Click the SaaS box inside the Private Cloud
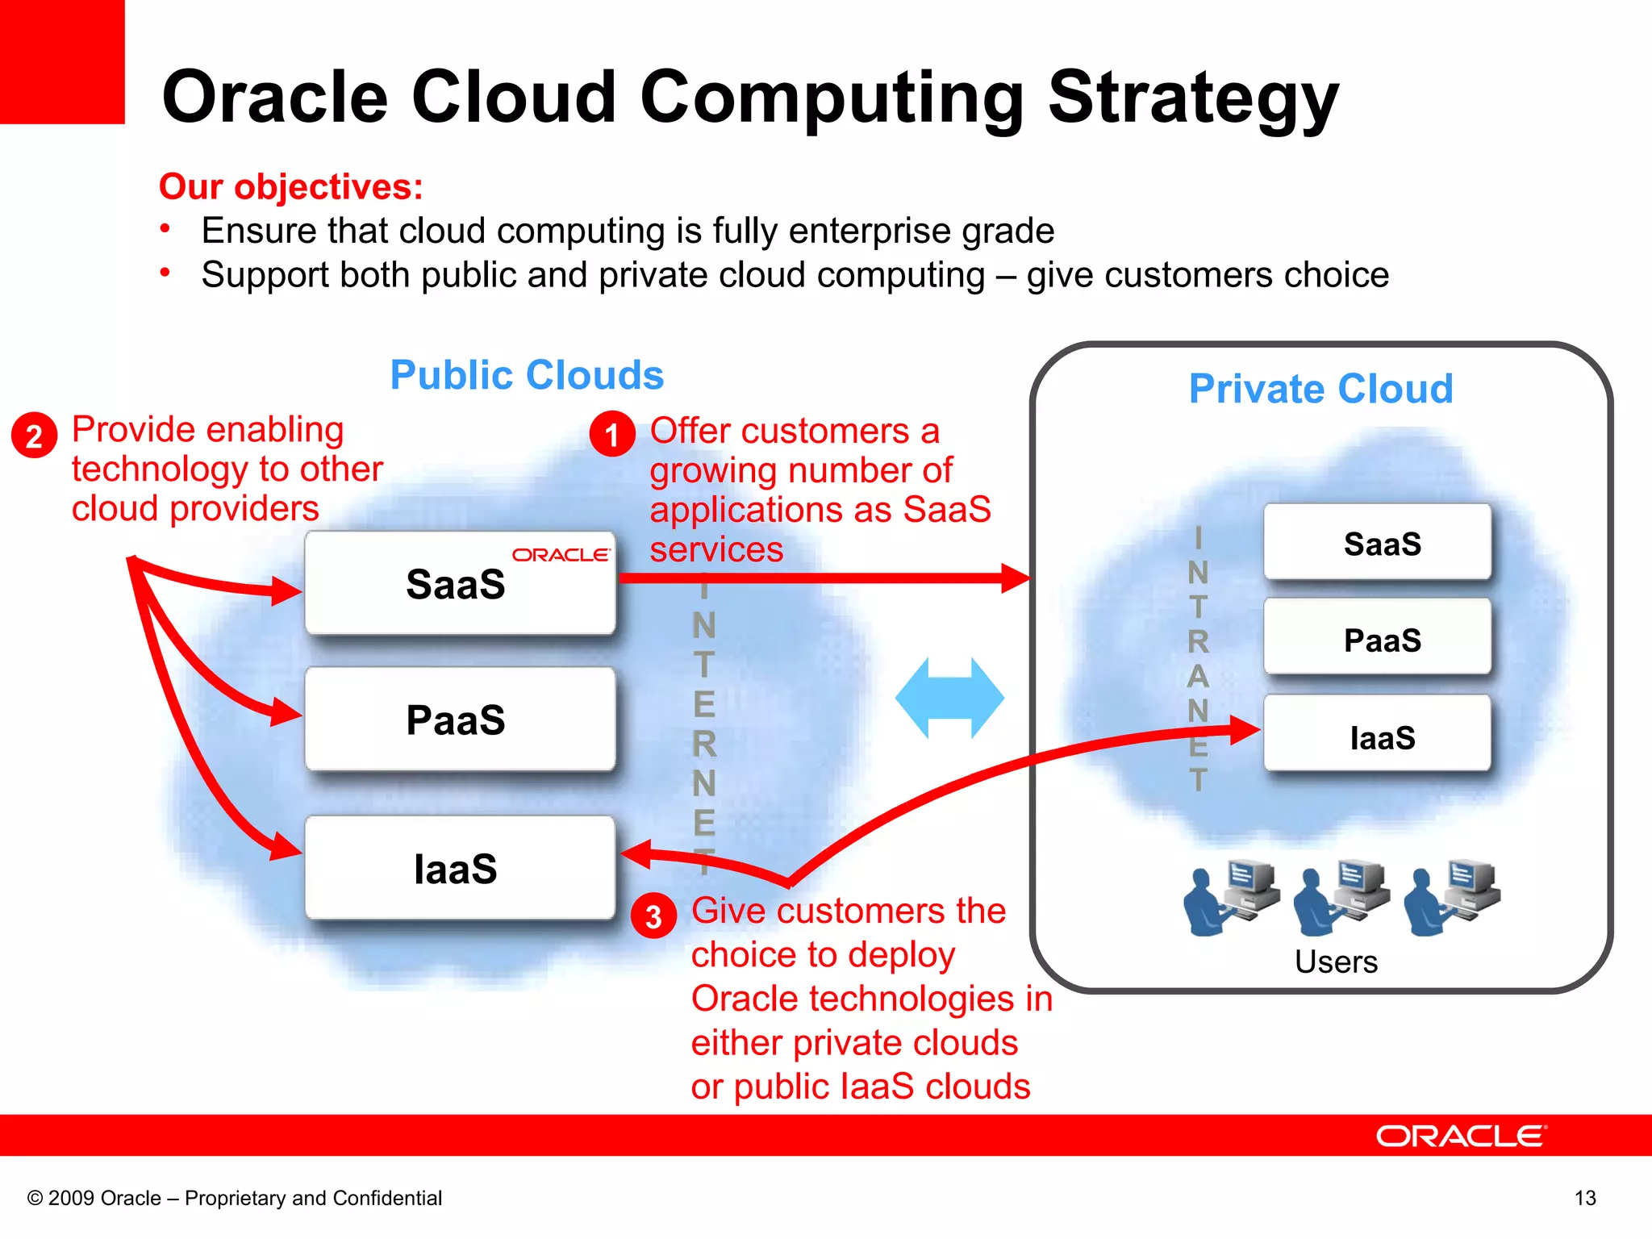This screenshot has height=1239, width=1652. [1378, 543]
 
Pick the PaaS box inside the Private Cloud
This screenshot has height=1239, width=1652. [1378, 639]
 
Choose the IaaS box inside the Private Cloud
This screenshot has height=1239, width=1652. [1378, 736]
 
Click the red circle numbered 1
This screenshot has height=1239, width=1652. [612, 435]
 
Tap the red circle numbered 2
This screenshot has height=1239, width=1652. [34, 436]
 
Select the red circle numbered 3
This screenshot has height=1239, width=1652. [653, 916]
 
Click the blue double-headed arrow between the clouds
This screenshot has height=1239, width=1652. [949, 698]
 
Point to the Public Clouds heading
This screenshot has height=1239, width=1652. [527, 375]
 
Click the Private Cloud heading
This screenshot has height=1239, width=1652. [1320, 389]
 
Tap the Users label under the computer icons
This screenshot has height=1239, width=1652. [1336, 962]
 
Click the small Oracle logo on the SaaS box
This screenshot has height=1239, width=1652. [561, 555]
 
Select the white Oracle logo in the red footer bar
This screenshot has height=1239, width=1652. [1461, 1136]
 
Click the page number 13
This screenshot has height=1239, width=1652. [1585, 1198]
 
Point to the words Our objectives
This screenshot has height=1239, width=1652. [290, 186]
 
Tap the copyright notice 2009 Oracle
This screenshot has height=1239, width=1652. [234, 1198]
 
